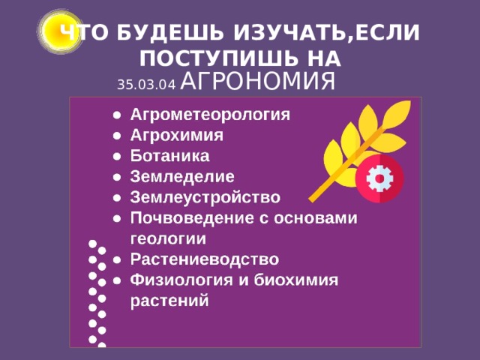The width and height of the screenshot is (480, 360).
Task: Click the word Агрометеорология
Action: click(x=209, y=115)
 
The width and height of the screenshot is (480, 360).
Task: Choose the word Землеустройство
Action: click(x=205, y=197)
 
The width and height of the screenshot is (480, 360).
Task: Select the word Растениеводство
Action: click(x=204, y=259)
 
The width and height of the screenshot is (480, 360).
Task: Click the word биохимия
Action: click(x=297, y=280)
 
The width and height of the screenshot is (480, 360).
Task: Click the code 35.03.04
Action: click(x=145, y=84)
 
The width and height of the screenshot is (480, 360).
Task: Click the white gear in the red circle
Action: click(x=379, y=178)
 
